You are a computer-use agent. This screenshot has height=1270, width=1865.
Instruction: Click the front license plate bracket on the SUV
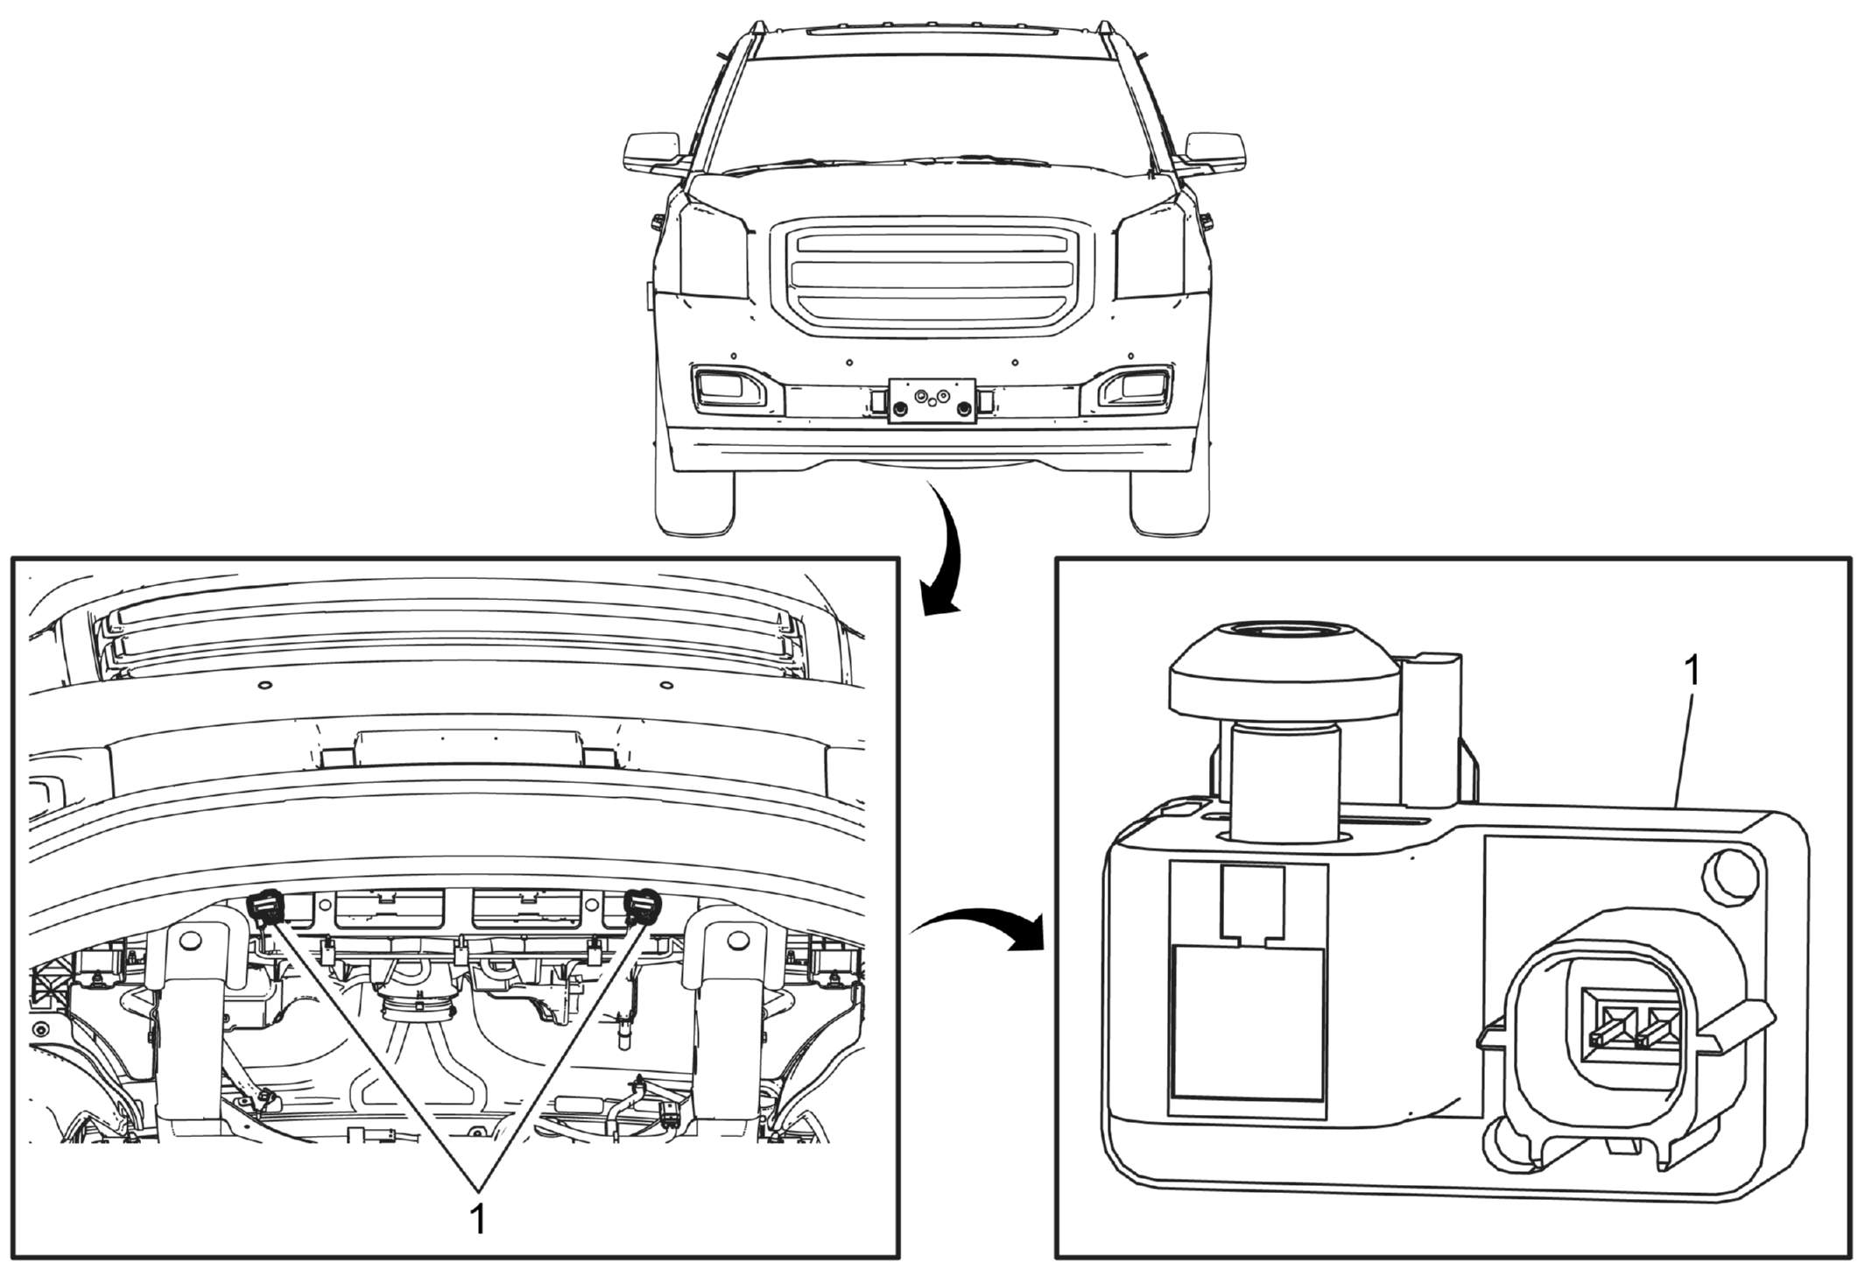click(932, 400)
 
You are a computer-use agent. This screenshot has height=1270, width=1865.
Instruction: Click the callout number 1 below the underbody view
click(478, 1219)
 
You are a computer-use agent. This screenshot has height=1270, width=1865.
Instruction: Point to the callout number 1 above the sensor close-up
click(1693, 672)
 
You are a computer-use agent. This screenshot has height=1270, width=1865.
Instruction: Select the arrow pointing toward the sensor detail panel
click(979, 927)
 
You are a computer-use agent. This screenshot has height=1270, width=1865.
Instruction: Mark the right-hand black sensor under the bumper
click(642, 907)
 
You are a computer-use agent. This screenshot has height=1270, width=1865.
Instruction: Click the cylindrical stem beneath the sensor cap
click(1284, 780)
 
